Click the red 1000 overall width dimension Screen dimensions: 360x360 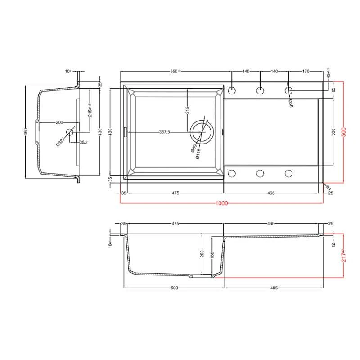221,203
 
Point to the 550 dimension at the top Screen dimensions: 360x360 175,72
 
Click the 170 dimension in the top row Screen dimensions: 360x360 306,72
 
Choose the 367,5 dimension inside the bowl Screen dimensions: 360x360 164,132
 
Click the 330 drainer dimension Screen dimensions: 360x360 333,132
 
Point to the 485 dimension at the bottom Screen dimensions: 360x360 274,288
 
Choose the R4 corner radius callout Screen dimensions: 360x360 328,186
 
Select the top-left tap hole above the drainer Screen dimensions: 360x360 232,90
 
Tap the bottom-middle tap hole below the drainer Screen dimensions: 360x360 260,173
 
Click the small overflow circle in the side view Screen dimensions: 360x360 70,132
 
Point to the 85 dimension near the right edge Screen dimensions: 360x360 333,90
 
